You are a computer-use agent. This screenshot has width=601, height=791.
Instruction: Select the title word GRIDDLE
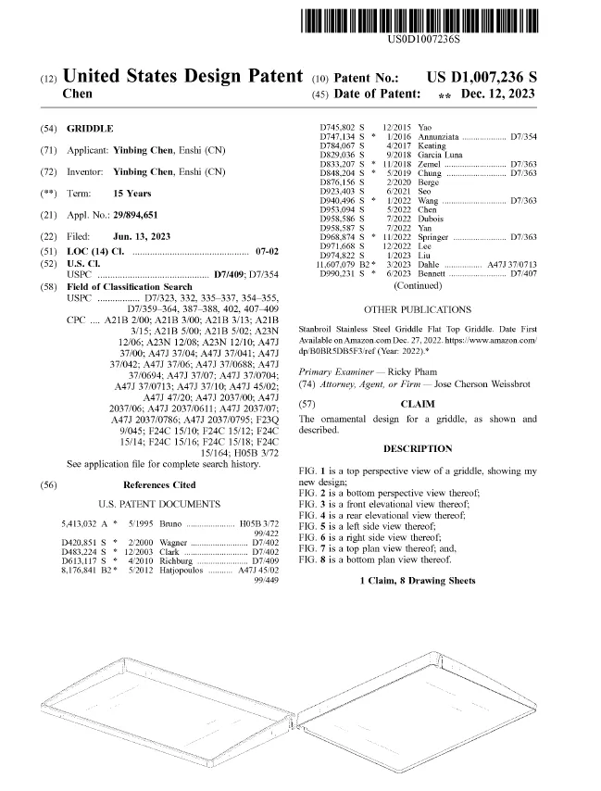click(x=90, y=128)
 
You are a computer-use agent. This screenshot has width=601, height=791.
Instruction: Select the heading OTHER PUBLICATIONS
click(x=417, y=309)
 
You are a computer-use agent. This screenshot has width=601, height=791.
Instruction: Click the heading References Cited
click(x=159, y=484)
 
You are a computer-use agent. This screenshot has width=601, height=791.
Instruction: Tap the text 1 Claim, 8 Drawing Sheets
click(x=418, y=581)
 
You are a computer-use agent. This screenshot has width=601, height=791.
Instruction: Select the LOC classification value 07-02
click(x=266, y=252)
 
